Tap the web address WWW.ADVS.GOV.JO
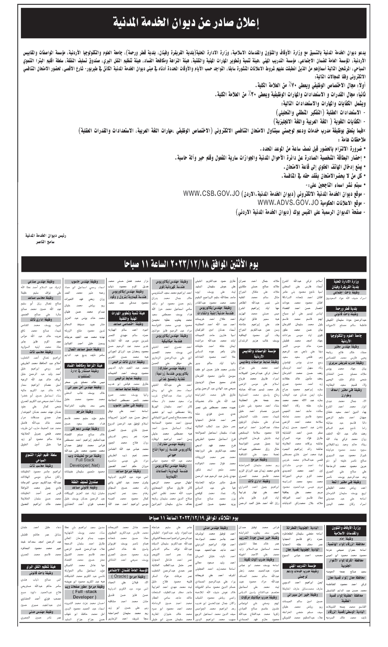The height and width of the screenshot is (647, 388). pyautogui.click(x=288, y=203)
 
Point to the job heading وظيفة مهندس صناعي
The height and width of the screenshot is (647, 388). pyautogui.click(x=41, y=282)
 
